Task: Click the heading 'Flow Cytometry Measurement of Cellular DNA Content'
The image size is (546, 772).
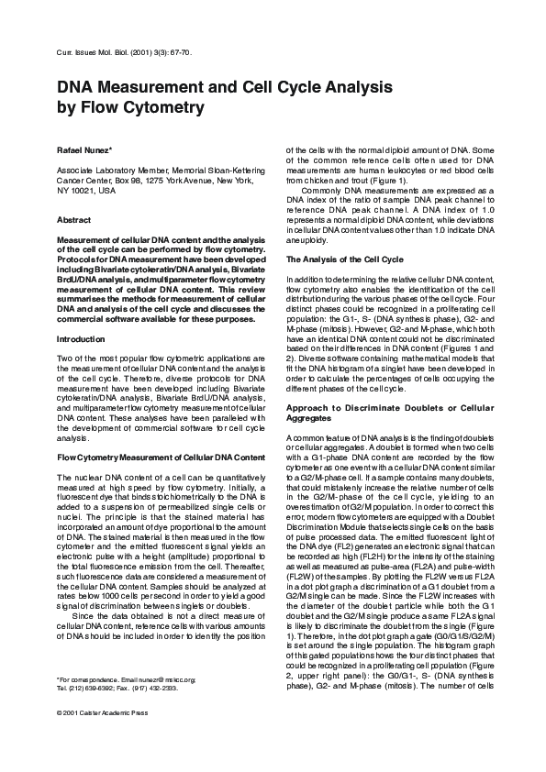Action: pos(161,457)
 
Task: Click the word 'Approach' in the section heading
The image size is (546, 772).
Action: pos(315,406)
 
